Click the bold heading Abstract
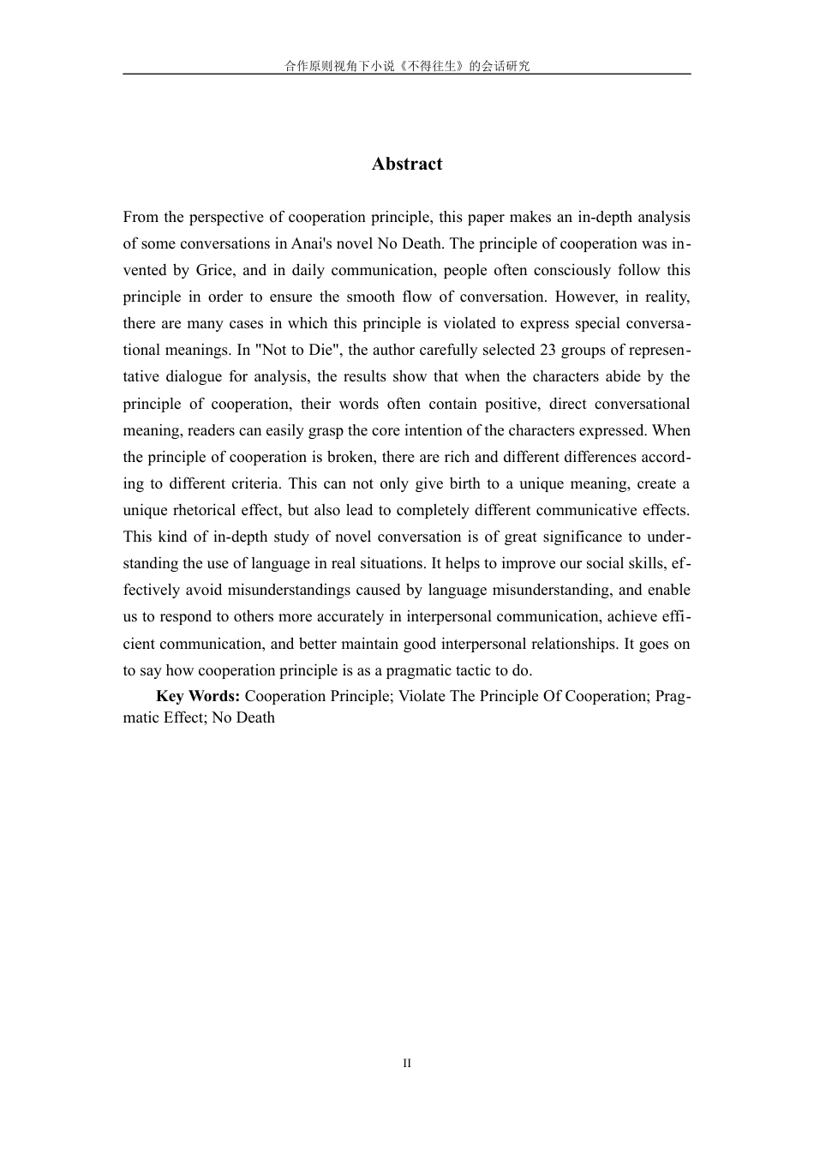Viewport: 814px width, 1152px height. [407, 164]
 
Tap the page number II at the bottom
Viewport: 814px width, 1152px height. [407, 1063]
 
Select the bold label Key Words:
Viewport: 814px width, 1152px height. [198, 696]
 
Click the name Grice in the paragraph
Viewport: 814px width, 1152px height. [214, 270]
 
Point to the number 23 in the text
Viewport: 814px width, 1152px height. [548, 350]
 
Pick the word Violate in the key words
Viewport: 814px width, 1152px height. [422, 696]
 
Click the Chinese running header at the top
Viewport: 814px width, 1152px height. [407, 66]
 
